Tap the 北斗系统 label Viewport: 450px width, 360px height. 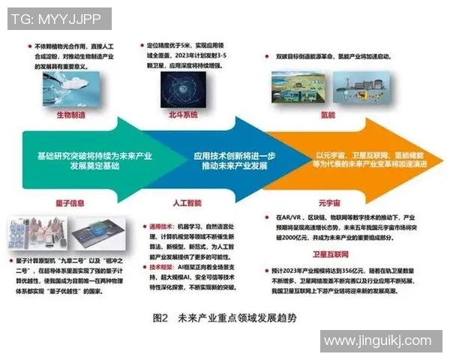coord(181,115)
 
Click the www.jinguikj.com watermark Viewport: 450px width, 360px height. coord(382,342)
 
